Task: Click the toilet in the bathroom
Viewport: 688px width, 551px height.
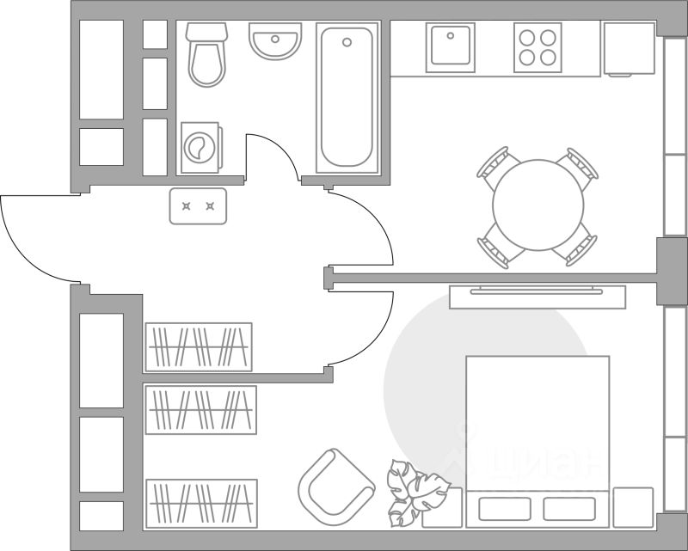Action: point(206,55)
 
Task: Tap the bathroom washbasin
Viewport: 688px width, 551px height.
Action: point(276,40)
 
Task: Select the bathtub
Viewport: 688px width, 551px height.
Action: point(347,97)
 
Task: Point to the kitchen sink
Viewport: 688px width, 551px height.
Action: point(451,46)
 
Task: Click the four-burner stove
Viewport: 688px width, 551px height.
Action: point(537,46)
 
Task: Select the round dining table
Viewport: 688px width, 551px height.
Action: point(538,205)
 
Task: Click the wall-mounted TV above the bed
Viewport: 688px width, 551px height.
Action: point(537,295)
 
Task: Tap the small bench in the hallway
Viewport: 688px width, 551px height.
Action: point(198,206)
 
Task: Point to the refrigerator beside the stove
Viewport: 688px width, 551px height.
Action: point(629,49)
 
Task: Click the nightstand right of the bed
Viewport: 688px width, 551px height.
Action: point(634,506)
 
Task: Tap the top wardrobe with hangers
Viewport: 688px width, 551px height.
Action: point(199,346)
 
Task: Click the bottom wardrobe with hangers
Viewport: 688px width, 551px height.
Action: point(202,503)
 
